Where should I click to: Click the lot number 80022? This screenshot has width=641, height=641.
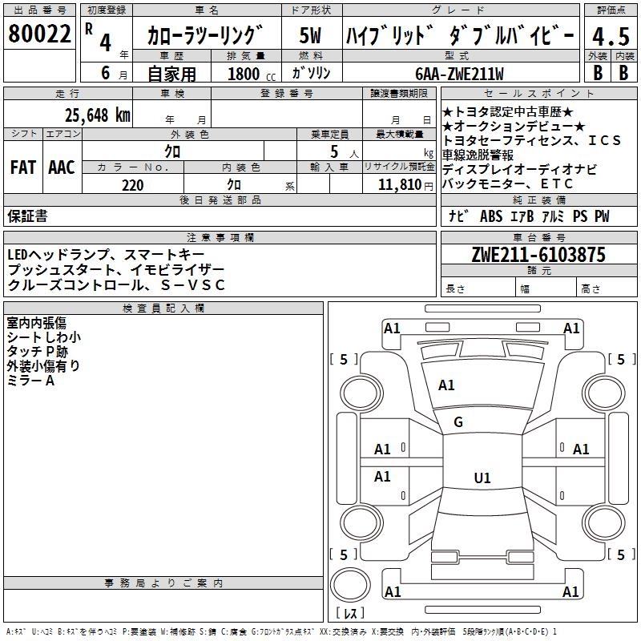coord(39,34)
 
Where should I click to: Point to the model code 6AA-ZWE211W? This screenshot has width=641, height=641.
coord(460,74)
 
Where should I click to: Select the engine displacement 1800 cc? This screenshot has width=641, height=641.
coord(250,74)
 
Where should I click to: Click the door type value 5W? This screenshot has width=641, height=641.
coord(311,35)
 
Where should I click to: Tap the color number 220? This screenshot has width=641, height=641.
coord(132,185)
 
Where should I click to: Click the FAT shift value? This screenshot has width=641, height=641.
coord(22,167)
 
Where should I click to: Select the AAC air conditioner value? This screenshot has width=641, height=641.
coord(61,167)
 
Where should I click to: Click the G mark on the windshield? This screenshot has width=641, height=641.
coord(458,422)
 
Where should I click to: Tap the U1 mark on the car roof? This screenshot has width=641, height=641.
coord(482,478)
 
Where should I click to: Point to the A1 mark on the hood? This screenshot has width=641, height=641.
coord(446,385)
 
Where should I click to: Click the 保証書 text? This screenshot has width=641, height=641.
coord(27,216)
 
